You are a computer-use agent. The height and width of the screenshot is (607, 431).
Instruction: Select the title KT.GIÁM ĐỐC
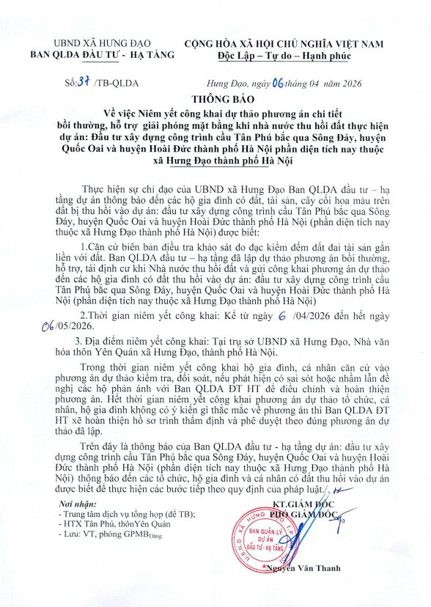pyautogui.click(x=301, y=505)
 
